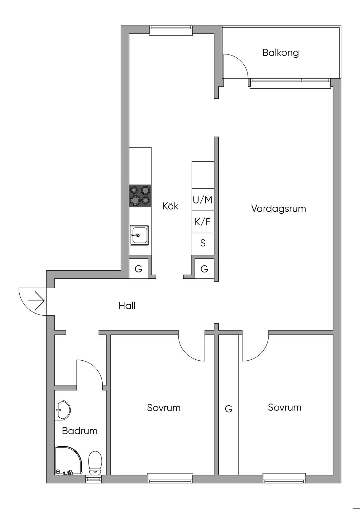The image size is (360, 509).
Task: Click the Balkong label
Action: coord(281,53)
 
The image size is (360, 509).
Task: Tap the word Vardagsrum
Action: coord(279,208)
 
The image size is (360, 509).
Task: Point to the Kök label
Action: coord(171,206)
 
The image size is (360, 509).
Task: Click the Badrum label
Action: coord(79,431)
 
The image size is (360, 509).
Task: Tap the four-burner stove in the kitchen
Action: coord(140,196)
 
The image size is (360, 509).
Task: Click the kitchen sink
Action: coord(139,235)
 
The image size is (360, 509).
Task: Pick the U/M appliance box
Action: coord(203,200)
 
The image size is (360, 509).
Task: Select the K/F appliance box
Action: coord(203,222)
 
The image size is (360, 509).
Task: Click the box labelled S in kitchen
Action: coord(203,244)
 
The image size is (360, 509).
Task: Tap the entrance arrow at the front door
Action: coord(36,301)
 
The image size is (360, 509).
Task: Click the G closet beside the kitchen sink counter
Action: coord(139,269)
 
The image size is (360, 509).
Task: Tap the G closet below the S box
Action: coord(204,269)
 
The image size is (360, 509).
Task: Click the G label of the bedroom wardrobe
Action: coord(229,409)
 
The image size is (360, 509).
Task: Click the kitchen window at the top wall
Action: coord(171,31)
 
